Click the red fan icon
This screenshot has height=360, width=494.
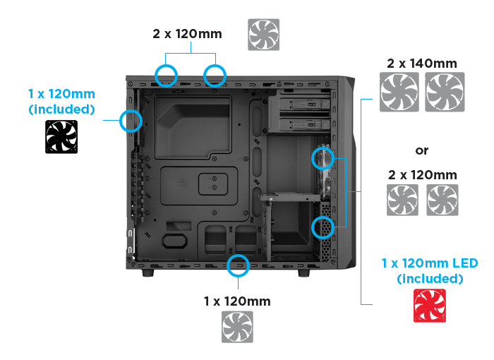point(429,305)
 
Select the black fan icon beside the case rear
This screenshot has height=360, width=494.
point(61,136)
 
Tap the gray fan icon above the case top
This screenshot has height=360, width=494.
point(263,34)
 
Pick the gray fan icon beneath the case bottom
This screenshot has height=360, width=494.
point(237,327)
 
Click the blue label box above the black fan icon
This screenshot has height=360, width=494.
point(61,102)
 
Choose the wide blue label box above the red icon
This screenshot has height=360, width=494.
point(429,272)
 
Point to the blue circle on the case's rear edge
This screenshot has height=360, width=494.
point(131,121)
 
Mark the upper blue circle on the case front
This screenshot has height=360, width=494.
point(322,158)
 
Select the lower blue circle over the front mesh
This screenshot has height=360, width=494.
point(322,227)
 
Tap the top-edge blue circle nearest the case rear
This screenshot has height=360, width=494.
point(166,75)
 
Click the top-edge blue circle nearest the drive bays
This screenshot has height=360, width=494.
point(215,75)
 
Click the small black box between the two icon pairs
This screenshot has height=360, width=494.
point(422,151)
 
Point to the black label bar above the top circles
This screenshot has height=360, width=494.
point(188,33)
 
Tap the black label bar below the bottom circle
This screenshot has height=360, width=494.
point(237,301)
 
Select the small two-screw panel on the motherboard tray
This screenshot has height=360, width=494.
point(211,184)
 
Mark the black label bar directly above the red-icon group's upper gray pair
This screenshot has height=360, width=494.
point(422,63)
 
